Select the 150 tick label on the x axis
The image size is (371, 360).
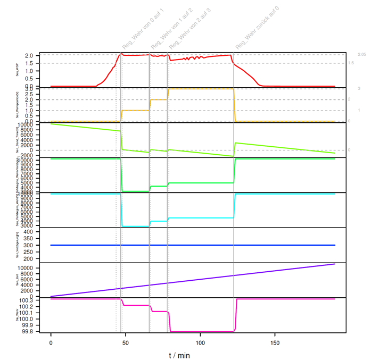click(x=275, y=343)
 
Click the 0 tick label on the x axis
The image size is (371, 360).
click(x=51, y=343)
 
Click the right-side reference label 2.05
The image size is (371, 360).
click(x=362, y=55)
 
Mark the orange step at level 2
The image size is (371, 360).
click(x=159, y=99)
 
